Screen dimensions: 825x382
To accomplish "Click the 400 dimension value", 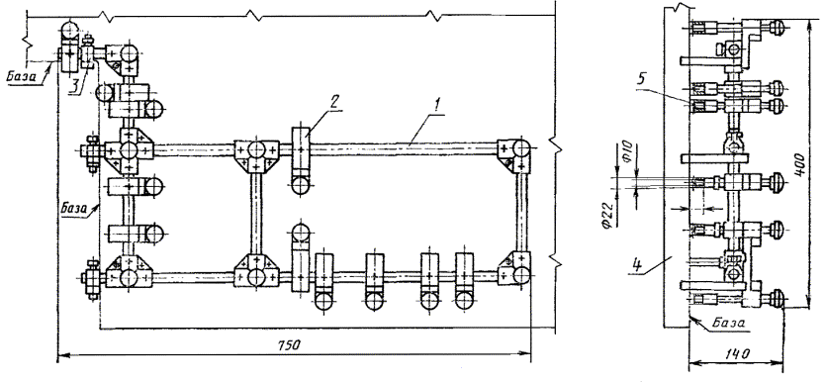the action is click(798, 166).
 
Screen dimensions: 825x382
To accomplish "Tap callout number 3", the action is click(76, 85).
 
